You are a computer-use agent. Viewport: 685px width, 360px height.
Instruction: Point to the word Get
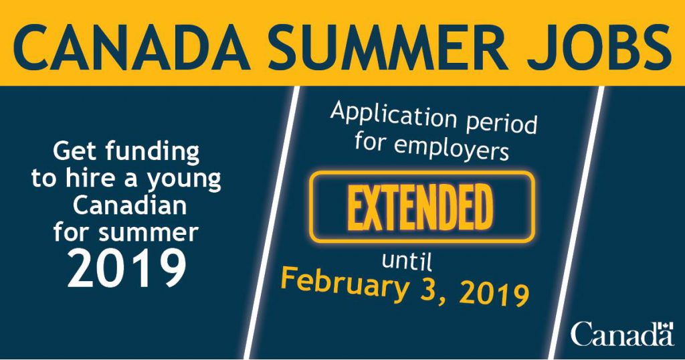(x=76, y=152)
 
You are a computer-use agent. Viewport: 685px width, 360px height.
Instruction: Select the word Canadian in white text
(x=130, y=205)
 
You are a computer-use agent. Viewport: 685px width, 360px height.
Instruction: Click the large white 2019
(x=127, y=268)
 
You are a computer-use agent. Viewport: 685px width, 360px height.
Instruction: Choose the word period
(x=502, y=124)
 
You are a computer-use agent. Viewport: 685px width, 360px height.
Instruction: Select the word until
(x=407, y=261)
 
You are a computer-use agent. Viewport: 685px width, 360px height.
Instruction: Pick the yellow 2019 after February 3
(x=492, y=294)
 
